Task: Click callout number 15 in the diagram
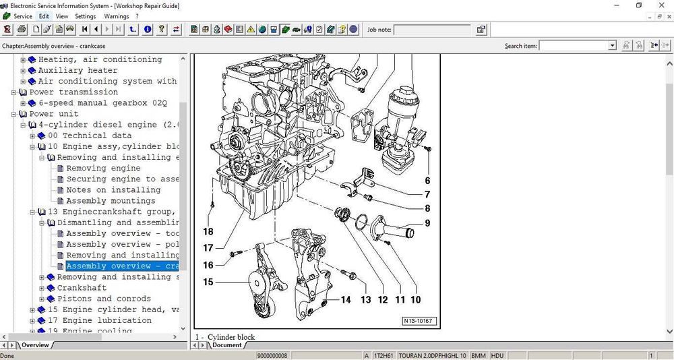208,282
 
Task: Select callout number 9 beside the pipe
427,223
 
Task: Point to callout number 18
208,232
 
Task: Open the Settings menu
85,16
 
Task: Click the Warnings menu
117,16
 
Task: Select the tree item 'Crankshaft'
82,288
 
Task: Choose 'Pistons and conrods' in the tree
104,299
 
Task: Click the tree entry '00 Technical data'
90,136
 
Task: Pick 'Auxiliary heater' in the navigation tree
78,70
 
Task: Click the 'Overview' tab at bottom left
35,345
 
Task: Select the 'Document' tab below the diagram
226,345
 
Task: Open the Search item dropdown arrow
612,46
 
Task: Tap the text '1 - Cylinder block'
226,336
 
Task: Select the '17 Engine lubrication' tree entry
99,320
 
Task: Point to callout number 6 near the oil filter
427,181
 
